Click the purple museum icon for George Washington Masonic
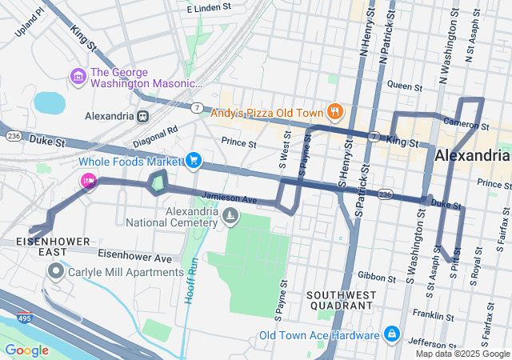click(78, 76)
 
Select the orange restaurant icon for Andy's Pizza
click(335, 113)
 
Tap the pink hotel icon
click(88, 181)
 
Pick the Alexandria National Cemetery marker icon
click(230, 215)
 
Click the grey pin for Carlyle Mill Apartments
click(56, 273)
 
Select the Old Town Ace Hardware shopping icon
click(391, 334)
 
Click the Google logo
click(26, 350)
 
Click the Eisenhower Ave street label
click(134, 258)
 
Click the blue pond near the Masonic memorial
click(50, 102)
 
